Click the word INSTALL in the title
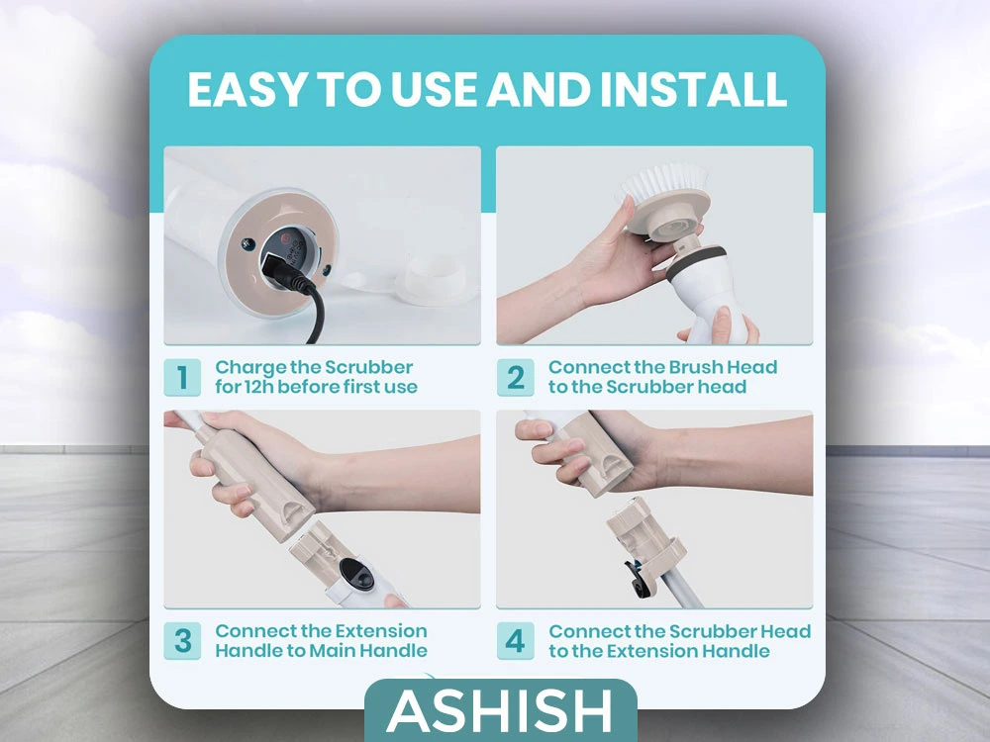(x=693, y=89)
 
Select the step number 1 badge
(x=182, y=377)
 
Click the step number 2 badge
(x=515, y=377)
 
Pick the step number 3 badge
(x=182, y=641)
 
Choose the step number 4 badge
(x=515, y=641)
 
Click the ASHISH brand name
(x=499, y=711)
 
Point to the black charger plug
(x=285, y=271)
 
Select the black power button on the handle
(x=356, y=574)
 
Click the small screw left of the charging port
(x=248, y=243)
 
